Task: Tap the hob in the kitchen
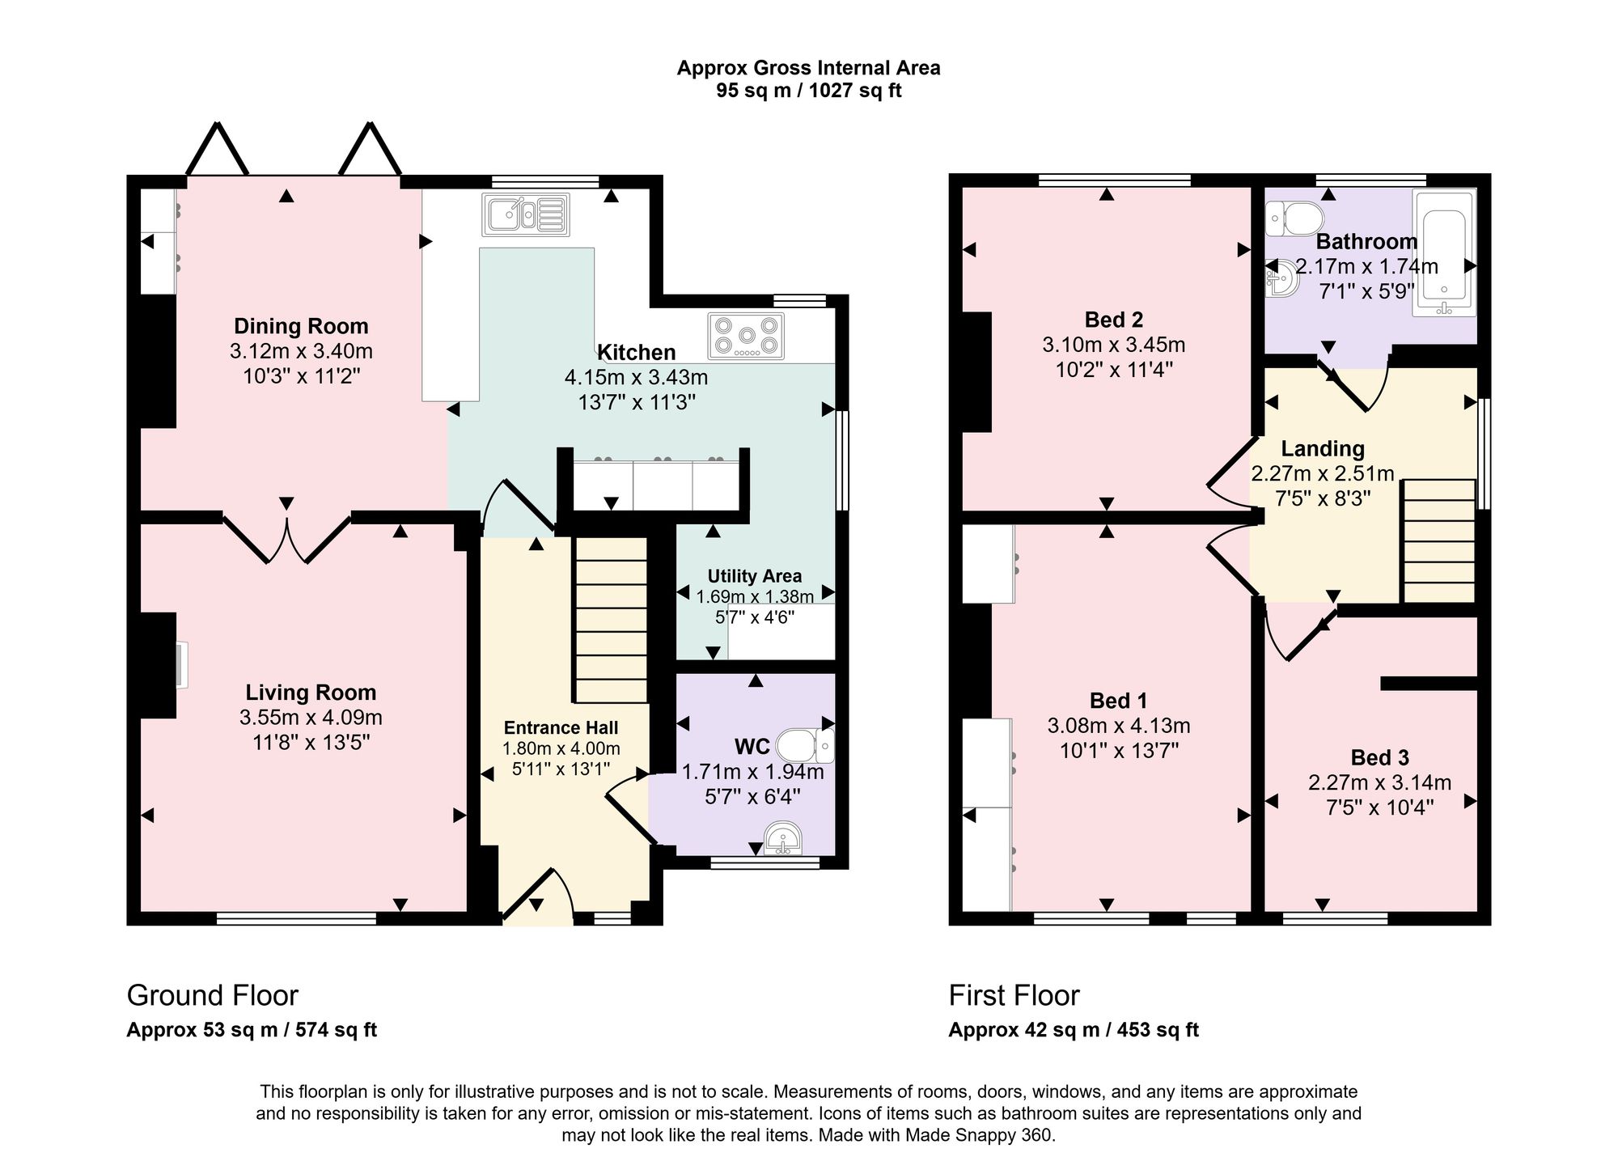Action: (746, 336)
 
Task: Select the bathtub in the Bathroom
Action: (1444, 253)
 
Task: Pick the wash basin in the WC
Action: (782, 838)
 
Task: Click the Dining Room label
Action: (301, 326)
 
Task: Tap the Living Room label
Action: (311, 693)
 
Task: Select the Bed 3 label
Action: (1379, 758)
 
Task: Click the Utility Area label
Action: (755, 576)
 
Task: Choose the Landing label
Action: (1323, 449)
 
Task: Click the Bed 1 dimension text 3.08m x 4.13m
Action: (1119, 727)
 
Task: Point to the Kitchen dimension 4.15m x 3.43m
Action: (636, 377)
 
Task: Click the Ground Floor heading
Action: (213, 995)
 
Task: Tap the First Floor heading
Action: (1014, 995)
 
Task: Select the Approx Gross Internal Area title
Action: (808, 68)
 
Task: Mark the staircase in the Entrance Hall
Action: (611, 620)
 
